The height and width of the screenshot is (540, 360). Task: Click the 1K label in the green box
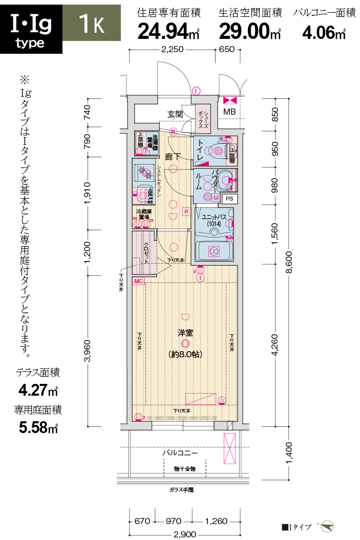[x=92, y=24]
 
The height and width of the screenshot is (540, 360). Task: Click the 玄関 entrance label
[x=175, y=114]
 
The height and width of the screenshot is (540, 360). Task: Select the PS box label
[x=230, y=198]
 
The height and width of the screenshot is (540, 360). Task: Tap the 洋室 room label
[x=185, y=333]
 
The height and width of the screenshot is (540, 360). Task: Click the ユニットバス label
[x=214, y=217]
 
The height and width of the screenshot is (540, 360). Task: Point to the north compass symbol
[x=328, y=526]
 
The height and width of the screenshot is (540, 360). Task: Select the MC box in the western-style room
[x=138, y=281]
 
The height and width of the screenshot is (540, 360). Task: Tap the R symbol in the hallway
[x=186, y=211]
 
